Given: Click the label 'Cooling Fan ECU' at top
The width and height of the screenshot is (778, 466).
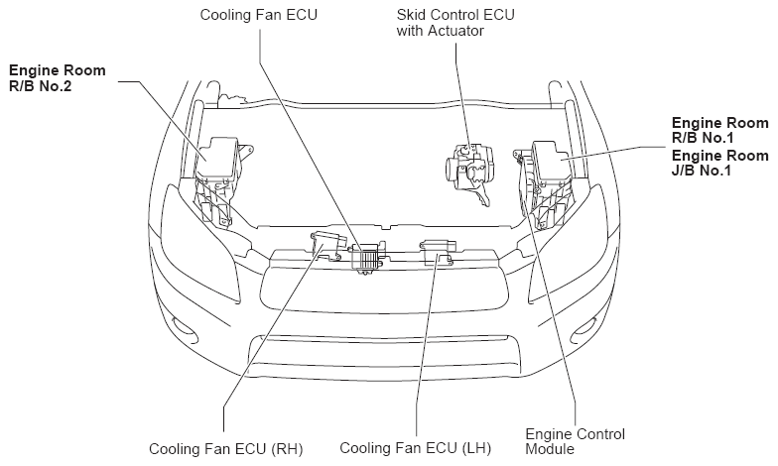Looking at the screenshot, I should point(252,16).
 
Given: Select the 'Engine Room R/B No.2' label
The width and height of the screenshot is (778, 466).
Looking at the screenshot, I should point(58,78).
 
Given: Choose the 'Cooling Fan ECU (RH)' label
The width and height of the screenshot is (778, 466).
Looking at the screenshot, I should point(224,449).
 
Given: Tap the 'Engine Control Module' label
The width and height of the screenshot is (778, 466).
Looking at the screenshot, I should point(575,441).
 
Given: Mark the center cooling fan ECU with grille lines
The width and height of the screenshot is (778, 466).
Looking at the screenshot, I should point(368,256).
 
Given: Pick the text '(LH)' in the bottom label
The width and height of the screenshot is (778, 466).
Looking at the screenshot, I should point(469,449).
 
